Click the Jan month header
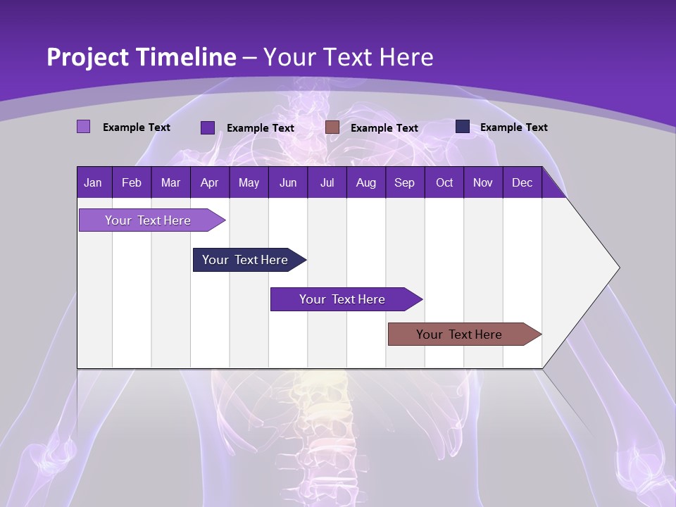tap(94, 183)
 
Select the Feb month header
tap(132, 183)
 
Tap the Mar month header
tap(170, 183)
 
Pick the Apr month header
tap(210, 183)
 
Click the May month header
tap(249, 183)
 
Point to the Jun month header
tap(288, 183)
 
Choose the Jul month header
tap(327, 183)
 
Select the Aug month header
tap(366, 183)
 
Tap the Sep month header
tap(405, 183)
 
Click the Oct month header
tap(444, 183)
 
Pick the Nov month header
tap(483, 183)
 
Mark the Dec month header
tap(522, 183)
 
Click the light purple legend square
tap(84, 127)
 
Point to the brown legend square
tap(332, 127)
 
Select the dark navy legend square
tap(463, 127)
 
